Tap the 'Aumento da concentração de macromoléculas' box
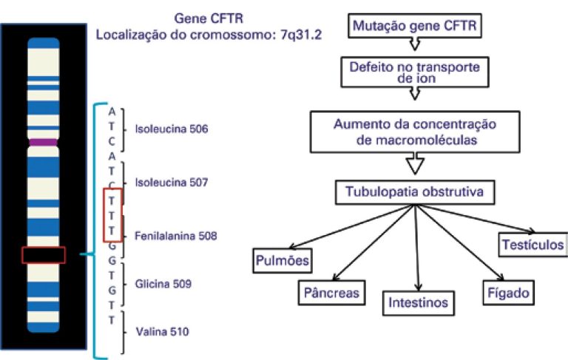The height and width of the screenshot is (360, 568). [x=414, y=130]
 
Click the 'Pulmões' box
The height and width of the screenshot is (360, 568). [x=281, y=259]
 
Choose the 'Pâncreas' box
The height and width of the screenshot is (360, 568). [x=332, y=292]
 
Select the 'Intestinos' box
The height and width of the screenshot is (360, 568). [x=419, y=302]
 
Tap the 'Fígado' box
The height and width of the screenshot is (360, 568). [x=507, y=292]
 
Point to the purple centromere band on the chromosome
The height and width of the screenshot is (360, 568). [x=43, y=140]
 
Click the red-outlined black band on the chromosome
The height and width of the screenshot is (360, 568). [x=44, y=254]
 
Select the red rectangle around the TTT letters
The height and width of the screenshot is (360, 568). [x=112, y=214]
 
